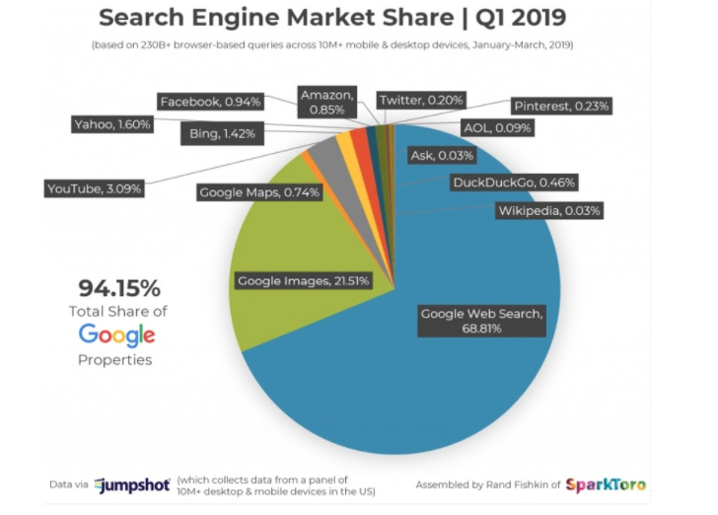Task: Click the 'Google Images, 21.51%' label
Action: tap(304, 281)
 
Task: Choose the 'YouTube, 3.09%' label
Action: tap(95, 186)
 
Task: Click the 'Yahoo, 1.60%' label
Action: tap(113, 124)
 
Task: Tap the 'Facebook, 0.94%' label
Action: tap(209, 101)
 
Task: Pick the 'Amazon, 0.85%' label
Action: tap(326, 102)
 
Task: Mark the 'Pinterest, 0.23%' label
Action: tap(560, 106)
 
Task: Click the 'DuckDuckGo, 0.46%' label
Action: tap(514, 182)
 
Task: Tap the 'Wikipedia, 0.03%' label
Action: tap(547, 210)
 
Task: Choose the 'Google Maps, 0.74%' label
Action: tap(259, 192)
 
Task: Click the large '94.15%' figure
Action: tap(118, 288)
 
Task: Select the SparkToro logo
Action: tap(606, 484)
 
